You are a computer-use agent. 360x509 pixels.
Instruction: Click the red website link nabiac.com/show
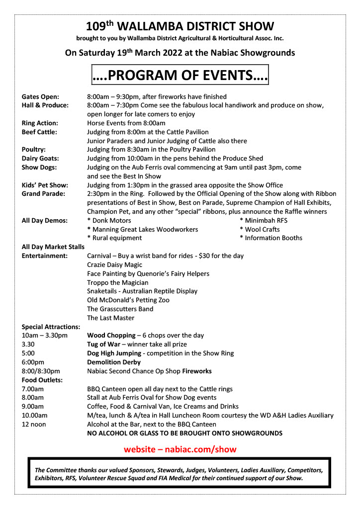coord(180,449)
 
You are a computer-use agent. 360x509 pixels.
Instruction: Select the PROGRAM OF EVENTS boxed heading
coord(180,76)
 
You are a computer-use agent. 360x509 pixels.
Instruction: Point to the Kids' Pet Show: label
coord(45,185)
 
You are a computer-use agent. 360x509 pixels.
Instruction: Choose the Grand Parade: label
coord(43,194)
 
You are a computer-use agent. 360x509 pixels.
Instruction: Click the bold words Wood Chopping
coord(111,336)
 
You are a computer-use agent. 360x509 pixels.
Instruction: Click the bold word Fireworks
coord(196,371)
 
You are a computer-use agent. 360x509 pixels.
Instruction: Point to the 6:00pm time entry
coord(33,362)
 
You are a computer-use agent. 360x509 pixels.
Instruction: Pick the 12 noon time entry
coord(34,424)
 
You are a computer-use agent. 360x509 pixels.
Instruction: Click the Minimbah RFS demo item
coord(266,221)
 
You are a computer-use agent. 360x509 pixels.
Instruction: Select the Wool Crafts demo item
coord(262,230)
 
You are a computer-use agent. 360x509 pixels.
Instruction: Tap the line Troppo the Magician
coord(117,282)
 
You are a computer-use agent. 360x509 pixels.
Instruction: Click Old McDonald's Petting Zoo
coord(128,300)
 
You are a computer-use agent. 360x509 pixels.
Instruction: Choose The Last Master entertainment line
coord(110,318)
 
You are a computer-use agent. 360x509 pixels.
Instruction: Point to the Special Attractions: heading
coord(51,327)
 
